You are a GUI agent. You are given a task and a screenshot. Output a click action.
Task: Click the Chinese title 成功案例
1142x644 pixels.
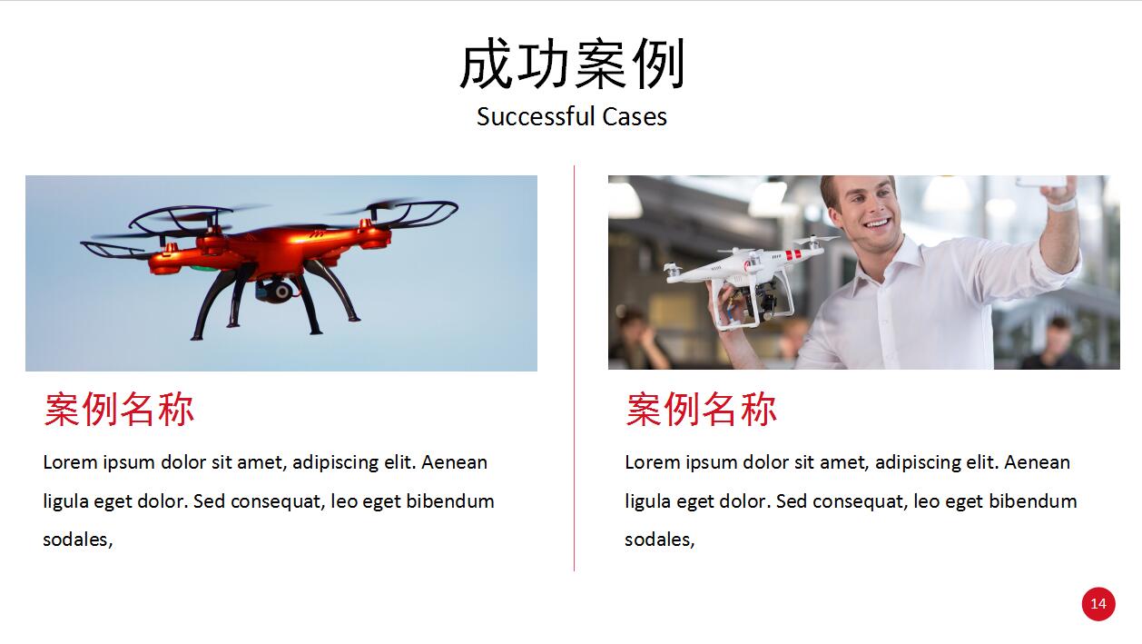(572, 64)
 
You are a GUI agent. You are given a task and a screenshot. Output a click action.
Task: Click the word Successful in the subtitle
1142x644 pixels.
(535, 116)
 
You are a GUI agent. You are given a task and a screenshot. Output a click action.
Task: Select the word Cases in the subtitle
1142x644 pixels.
(635, 117)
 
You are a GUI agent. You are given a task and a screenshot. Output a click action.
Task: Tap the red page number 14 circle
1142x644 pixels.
(1098, 604)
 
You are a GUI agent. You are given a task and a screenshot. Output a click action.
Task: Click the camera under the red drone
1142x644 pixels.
(277, 291)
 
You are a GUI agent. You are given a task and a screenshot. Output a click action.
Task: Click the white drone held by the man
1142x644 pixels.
(750, 278)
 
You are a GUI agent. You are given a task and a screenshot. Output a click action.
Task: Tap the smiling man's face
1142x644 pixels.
(868, 210)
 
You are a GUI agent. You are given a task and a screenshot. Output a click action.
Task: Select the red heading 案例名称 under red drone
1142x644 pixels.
(119, 410)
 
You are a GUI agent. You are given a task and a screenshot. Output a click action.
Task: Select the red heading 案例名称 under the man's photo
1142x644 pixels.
(702, 410)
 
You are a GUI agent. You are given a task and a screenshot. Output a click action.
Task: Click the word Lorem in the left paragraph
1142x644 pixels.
(70, 462)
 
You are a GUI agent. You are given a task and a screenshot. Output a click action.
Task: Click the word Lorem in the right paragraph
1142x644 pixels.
(652, 462)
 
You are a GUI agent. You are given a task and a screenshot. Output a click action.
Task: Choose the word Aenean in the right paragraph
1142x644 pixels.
(1037, 462)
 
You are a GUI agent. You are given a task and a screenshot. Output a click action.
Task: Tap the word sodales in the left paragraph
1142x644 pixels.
(75, 540)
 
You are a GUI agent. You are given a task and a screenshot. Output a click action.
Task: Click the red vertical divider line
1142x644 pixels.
(574, 368)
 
